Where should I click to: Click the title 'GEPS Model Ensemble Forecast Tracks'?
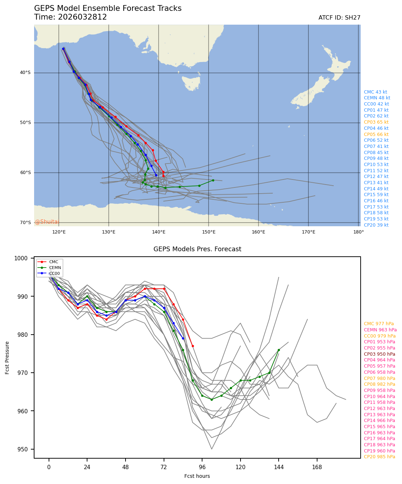(x=108, y=9)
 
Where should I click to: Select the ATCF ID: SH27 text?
(x=339, y=18)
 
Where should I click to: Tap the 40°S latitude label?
(x=25, y=73)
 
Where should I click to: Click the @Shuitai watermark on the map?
(x=47, y=222)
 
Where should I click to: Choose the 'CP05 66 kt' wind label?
(x=376, y=135)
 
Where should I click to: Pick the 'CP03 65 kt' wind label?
(x=376, y=122)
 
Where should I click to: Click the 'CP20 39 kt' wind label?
(x=376, y=225)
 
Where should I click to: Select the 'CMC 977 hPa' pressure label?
(x=378, y=324)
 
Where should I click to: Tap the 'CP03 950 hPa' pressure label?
(x=379, y=354)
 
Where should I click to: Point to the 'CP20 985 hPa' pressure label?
(x=379, y=457)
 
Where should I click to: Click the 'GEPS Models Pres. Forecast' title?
(x=197, y=249)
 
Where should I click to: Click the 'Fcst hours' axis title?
(x=197, y=476)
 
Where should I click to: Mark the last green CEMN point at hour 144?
(x=279, y=350)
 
